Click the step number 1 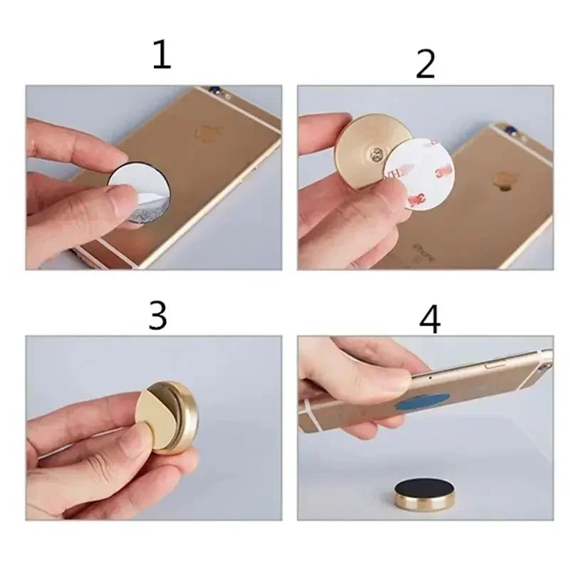tap(162, 56)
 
